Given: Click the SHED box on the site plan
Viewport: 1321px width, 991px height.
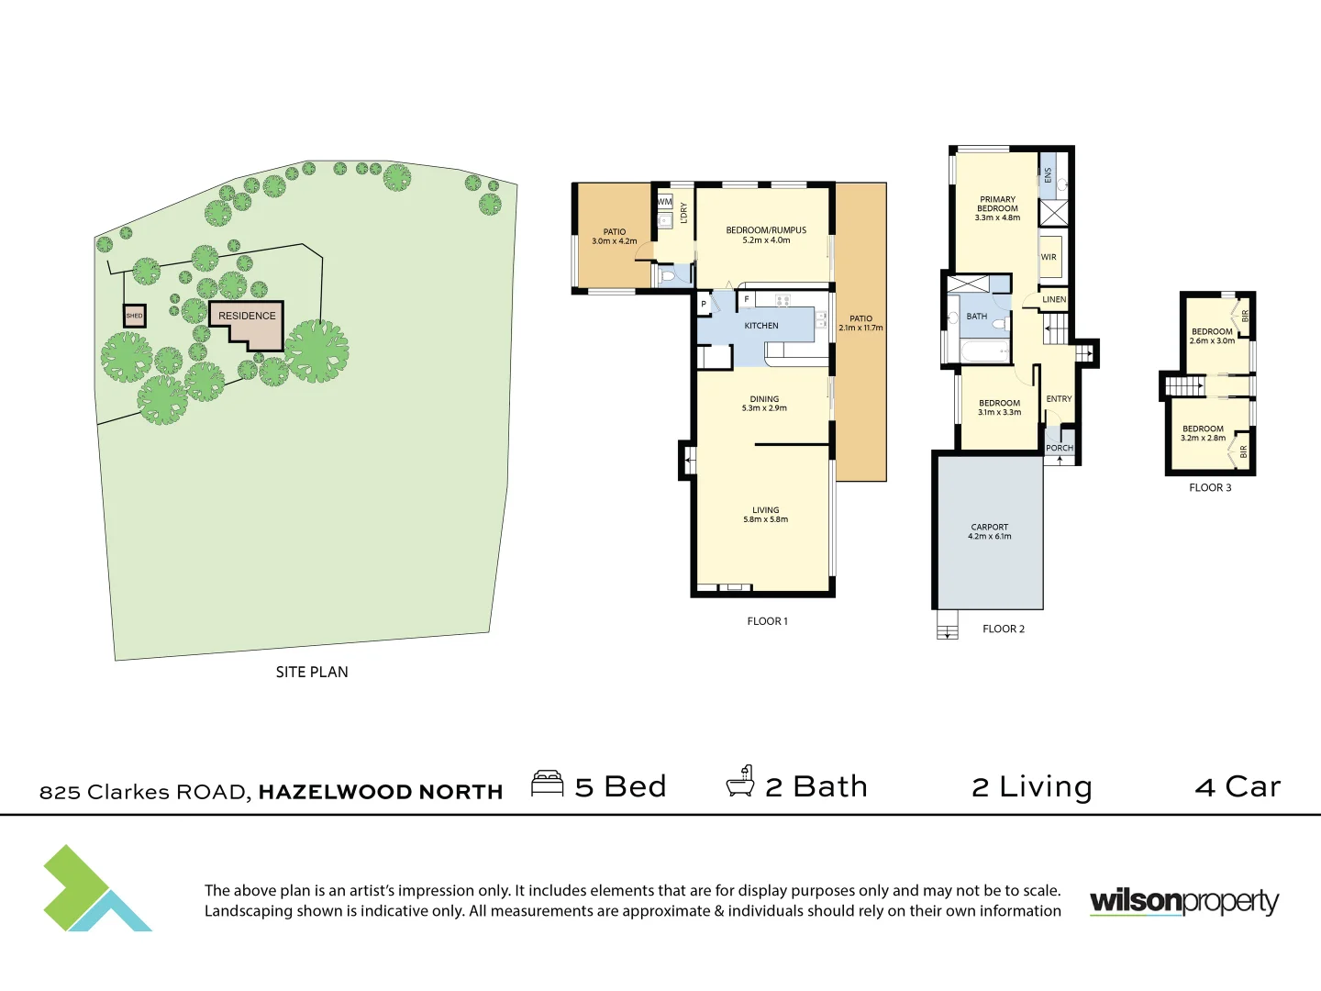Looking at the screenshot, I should point(135,316).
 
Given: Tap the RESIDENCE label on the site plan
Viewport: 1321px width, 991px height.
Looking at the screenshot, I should point(247,316).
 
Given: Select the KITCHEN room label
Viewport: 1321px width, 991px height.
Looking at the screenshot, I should point(761,326).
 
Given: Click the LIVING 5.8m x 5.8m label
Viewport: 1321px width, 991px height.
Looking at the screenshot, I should point(766,515).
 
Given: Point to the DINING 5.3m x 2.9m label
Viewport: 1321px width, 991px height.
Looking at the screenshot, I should point(764,404).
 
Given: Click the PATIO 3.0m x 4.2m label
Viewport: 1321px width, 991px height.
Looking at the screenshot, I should point(615,237).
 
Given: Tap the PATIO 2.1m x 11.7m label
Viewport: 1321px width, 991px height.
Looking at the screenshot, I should point(860,323).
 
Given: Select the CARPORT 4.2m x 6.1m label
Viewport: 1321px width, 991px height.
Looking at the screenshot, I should point(989,531).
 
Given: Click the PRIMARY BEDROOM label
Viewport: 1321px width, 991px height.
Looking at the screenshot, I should point(997,208).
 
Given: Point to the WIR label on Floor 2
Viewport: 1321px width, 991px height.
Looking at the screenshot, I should point(1049,258).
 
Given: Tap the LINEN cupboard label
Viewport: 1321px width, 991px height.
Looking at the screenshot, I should point(1054,300).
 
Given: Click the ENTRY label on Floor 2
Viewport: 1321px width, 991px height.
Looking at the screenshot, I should point(1059,399).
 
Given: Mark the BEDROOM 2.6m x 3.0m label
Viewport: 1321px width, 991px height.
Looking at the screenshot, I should point(1212,336).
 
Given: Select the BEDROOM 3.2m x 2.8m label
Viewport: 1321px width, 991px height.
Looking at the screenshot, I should point(1203,433).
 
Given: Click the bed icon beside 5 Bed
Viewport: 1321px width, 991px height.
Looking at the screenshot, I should point(548,785).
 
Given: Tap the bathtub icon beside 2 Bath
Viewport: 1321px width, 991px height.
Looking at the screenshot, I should point(740,782).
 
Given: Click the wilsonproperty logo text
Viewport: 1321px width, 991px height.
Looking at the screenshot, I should point(1183,901).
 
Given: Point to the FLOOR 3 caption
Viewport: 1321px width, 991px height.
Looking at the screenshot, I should point(1210,488).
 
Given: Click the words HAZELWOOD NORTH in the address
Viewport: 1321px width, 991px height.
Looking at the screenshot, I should point(381,792).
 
